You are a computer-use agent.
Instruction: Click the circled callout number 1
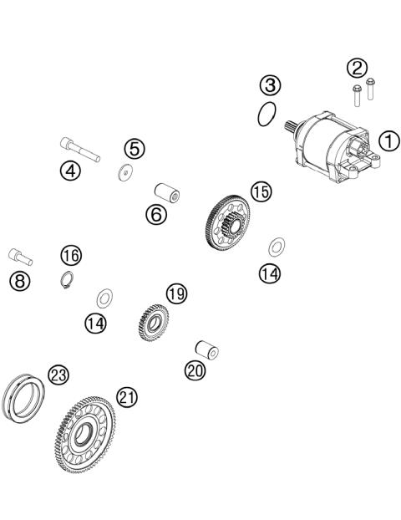click(389, 141)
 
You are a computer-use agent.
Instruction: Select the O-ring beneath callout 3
click(267, 113)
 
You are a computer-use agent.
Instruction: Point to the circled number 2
click(358, 67)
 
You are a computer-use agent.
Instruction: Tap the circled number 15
click(261, 191)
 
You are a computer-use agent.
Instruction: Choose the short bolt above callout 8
click(18, 252)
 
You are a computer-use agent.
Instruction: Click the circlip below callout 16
click(69, 280)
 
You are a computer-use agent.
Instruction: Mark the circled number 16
click(70, 254)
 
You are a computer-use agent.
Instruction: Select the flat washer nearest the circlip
click(105, 297)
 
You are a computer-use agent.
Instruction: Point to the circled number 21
click(126, 398)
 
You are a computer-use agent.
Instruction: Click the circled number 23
click(57, 375)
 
